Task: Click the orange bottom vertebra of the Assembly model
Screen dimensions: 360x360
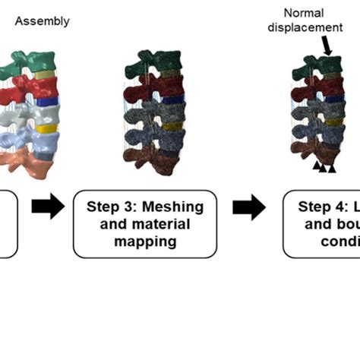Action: point(30,162)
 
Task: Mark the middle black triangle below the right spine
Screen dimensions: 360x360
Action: point(324,167)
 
